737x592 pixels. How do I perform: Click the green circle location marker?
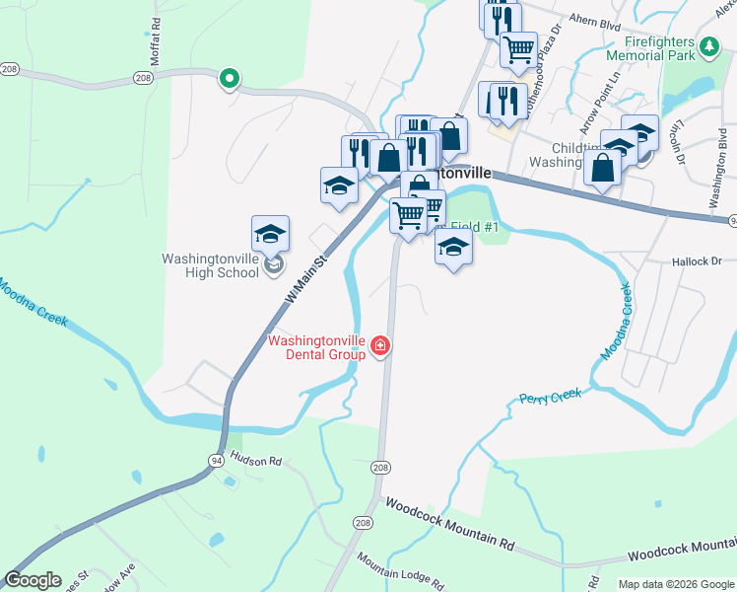click(x=229, y=78)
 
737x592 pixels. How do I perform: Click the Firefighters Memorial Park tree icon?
click(x=707, y=47)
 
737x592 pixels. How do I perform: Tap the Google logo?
click(x=33, y=580)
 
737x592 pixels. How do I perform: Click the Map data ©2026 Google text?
click(x=674, y=584)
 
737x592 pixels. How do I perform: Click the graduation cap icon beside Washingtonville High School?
click(x=270, y=235)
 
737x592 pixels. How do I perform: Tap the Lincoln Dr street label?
click(x=678, y=143)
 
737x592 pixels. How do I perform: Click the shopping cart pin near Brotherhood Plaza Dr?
click(x=518, y=49)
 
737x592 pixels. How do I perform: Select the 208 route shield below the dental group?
click(x=380, y=466)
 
